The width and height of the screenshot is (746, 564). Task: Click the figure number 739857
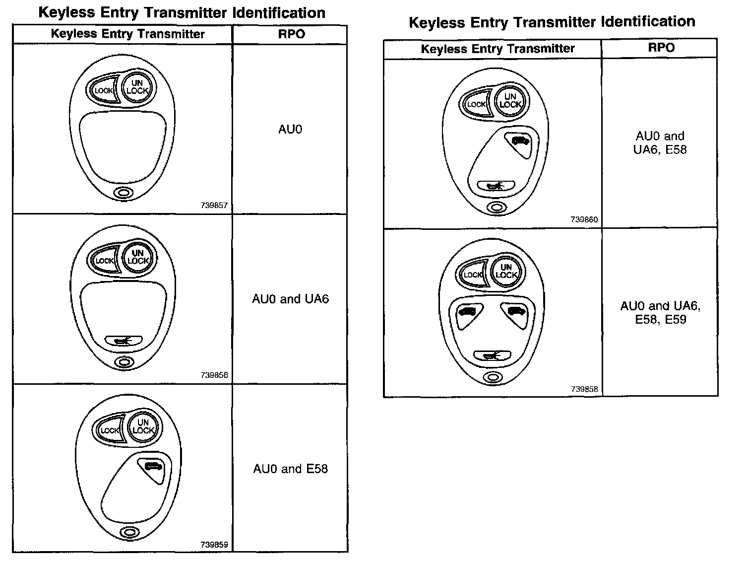click(214, 205)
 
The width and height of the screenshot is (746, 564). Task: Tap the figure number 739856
click(214, 375)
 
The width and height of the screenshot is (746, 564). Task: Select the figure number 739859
click(214, 545)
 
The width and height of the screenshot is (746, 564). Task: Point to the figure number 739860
click(584, 219)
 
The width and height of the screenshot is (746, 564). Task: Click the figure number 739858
click(584, 389)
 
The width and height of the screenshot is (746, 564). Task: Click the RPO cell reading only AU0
click(290, 130)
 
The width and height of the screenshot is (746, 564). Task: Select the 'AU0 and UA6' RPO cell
click(290, 299)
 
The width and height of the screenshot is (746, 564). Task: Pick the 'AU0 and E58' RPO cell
click(290, 469)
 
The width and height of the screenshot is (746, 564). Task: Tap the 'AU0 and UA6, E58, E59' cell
click(660, 313)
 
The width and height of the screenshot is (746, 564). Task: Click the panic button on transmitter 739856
click(124, 341)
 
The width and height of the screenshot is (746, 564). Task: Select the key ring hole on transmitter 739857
click(124, 193)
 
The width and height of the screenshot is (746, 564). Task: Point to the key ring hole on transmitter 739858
click(493, 377)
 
